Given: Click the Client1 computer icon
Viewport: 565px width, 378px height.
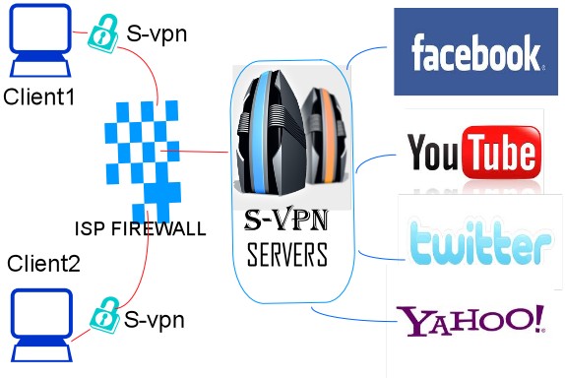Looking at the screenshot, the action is tap(40, 40).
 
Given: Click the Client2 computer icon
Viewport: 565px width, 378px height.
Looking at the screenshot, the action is tap(41, 325).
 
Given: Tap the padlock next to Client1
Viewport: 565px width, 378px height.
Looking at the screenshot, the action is tap(103, 33).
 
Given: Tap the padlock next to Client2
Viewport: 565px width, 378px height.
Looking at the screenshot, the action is tap(105, 315).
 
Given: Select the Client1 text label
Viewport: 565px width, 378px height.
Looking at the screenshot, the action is tap(39, 96).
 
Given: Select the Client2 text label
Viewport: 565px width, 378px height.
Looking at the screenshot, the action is tap(43, 264).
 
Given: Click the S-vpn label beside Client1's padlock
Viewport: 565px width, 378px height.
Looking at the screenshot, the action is tap(157, 34).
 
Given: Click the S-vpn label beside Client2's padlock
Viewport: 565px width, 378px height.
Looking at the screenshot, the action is tap(155, 320).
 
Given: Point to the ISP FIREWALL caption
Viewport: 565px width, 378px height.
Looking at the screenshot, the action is tap(141, 228).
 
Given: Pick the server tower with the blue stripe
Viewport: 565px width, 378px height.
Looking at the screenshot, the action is tap(271, 132).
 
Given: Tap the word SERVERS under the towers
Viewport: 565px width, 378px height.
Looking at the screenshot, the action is tap(287, 254).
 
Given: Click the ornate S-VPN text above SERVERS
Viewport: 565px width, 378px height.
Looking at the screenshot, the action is tap(286, 220).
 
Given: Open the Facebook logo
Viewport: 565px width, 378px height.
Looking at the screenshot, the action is tap(475, 51).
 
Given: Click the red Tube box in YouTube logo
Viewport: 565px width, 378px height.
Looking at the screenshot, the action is tap(502, 152).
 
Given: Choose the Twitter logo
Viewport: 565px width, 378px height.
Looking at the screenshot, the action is tap(480, 241).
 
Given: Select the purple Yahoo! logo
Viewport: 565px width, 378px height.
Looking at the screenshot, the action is tap(471, 320).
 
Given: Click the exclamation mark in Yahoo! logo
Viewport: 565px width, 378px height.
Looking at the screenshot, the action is tap(539, 318).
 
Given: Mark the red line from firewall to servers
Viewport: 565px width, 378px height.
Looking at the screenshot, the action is tap(194, 152).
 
